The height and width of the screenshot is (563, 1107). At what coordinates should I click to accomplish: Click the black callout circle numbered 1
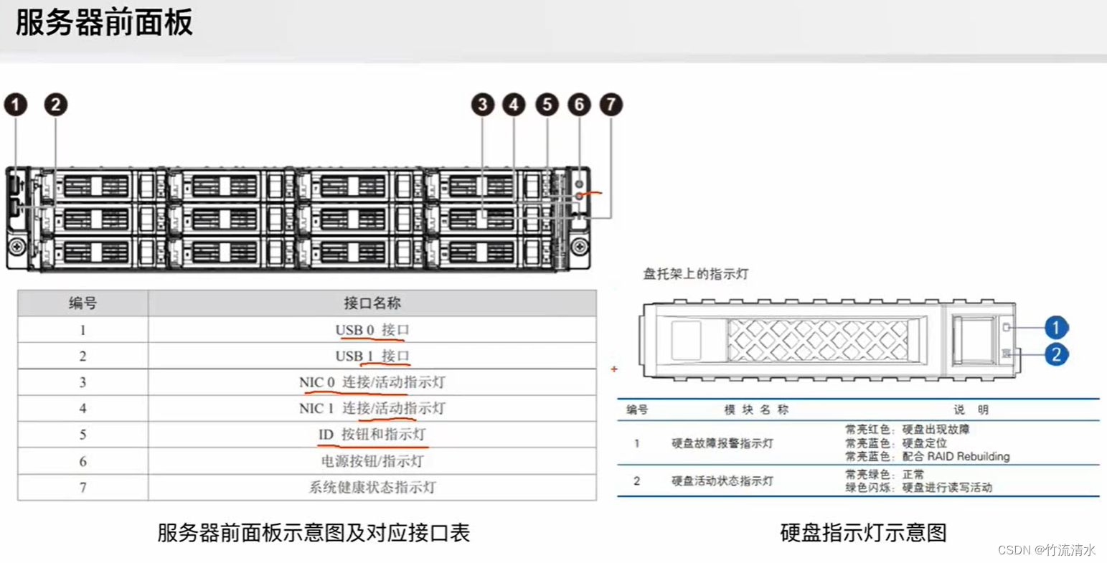pyautogui.click(x=16, y=105)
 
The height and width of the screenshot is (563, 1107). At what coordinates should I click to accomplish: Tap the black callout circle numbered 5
pyautogui.click(x=547, y=105)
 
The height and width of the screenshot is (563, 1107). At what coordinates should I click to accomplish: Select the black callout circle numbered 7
pyautogui.click(x=611, y=105)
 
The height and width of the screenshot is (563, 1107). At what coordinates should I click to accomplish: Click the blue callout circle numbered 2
pyautogui.click(x=1055, y=354)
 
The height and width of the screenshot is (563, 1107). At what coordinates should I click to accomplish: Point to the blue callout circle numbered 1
pyautogui.click(x=1055, y=328)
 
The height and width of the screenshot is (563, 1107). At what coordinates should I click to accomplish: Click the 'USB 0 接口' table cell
pyautogui.click(x=372, y=330)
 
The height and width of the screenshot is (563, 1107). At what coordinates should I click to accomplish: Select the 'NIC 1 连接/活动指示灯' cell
pyautogui.click(x=372, y=409)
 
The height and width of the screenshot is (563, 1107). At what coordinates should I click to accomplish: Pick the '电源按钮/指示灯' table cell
pyautogui.click(x=372, y=461)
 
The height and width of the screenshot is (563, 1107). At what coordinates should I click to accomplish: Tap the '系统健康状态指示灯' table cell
pyautogui.click(x=372, y=488)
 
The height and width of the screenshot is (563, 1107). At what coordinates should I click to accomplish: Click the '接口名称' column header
pyautogui.click(x=372, y=303)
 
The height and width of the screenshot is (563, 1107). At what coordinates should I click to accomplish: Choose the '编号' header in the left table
pyautogui.click(x=83, y=303)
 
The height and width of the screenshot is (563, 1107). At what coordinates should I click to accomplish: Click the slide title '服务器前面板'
pyautogui.click(x=104, y=23)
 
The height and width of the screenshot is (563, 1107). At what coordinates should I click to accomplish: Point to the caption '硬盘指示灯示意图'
pyautogui.click(x=863, y=533)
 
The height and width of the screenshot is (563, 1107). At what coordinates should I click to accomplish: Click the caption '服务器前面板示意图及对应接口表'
pyautogui.click(x=314, y=533)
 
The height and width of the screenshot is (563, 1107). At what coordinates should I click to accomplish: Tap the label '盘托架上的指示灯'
pyautogui.click(x=695, y=274)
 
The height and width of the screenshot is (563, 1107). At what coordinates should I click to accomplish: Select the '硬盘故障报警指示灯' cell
pyautogui.click(x=722, y=443)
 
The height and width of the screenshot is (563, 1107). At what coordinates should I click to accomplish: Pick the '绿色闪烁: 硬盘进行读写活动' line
pyautogui.click(x=918, y=488)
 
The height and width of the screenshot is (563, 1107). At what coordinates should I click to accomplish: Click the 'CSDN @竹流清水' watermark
pyautogui.click(x=1047, y=550)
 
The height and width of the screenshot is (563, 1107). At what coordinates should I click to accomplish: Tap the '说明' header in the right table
pyautogui.click(x=971, y=410)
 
